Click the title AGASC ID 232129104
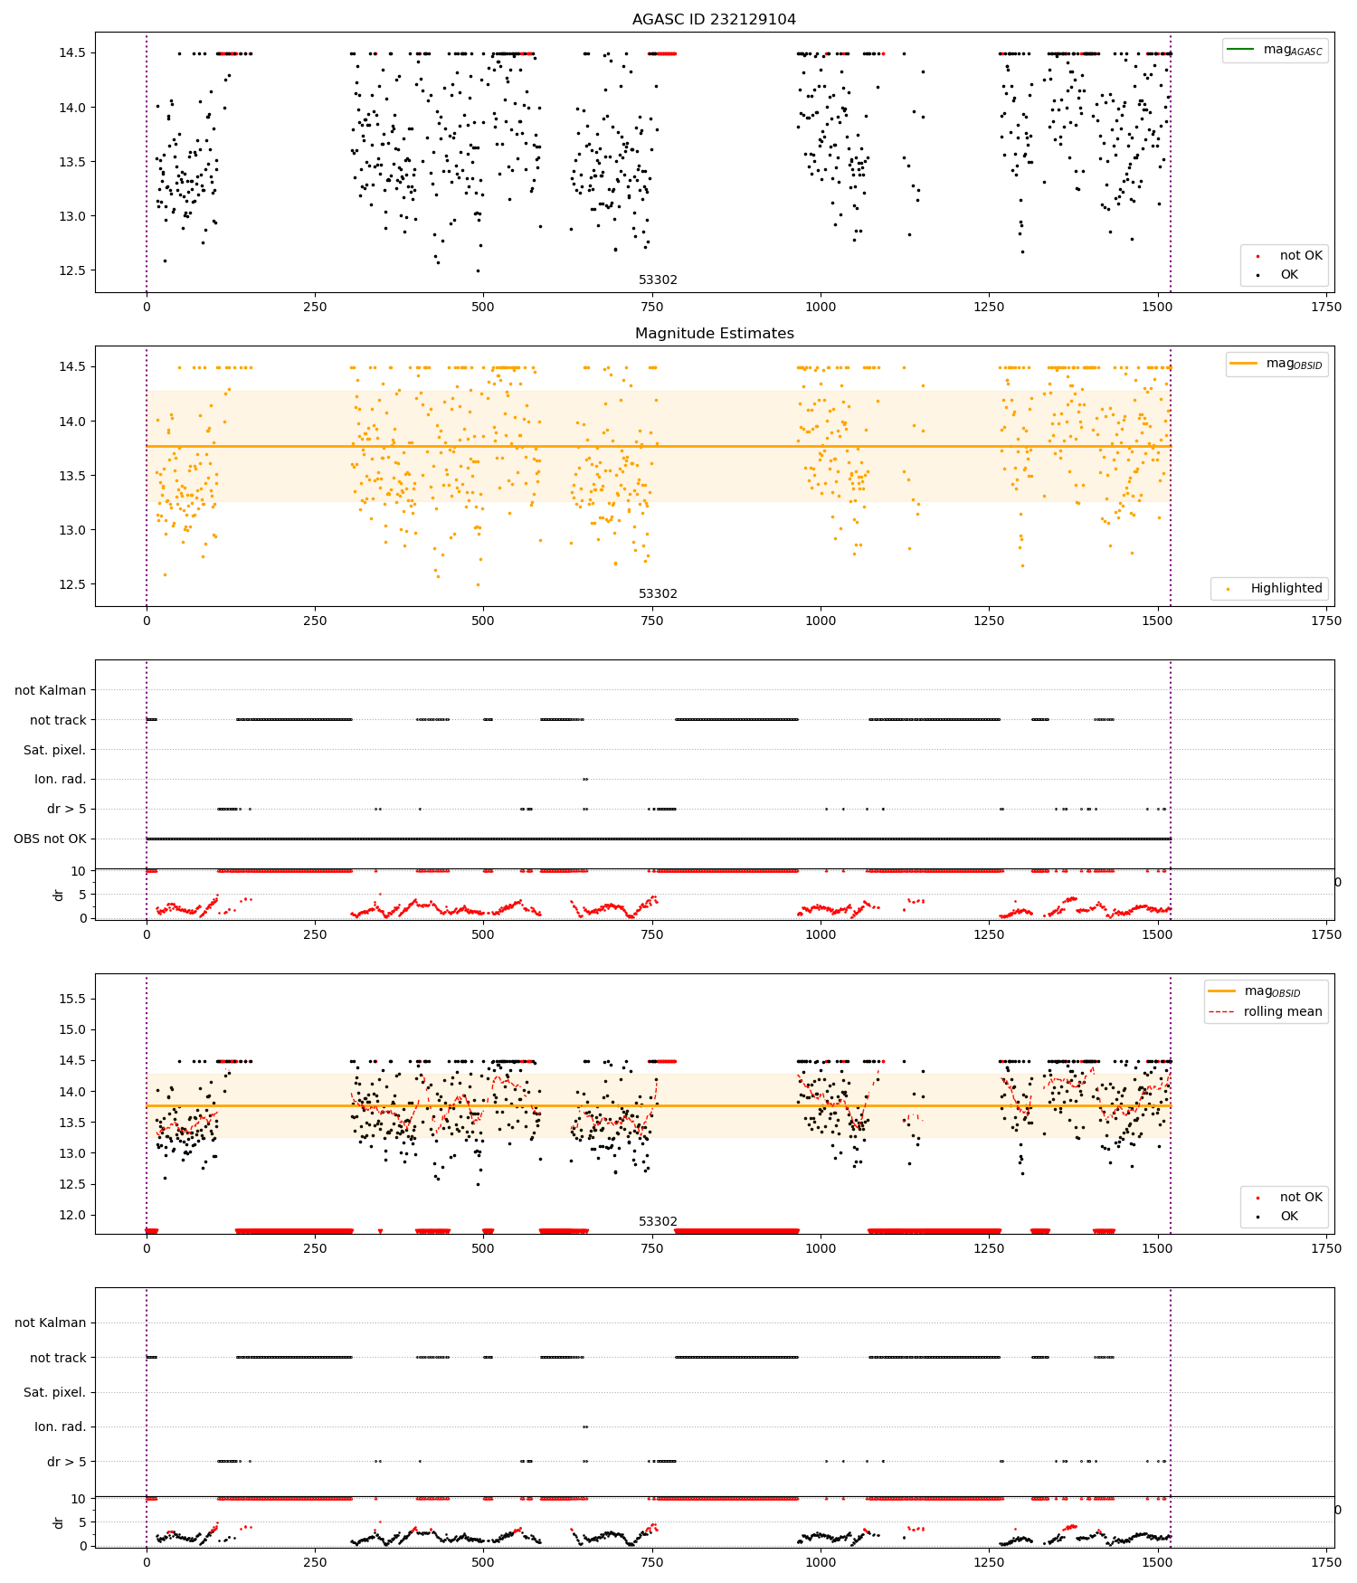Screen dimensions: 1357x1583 point(714,19)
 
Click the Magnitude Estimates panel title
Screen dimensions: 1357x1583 point(714,333)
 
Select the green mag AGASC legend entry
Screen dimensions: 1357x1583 point(1275,50)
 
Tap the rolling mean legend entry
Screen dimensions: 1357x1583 point(1266,1011)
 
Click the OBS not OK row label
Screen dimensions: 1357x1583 point(50,839)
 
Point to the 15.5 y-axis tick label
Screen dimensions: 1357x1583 point(71,999)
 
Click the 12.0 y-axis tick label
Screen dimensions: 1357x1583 point(71,1215)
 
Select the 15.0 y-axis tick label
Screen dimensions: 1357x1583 point(71,1029)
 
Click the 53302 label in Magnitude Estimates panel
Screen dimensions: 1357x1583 point(658,593)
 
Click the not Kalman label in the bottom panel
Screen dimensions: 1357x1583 point(51,1322)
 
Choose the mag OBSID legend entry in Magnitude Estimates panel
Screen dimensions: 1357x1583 point(1277,364)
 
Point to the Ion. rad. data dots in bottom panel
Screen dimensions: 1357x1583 point(585,1427)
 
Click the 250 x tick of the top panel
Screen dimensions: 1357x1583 point(315,307)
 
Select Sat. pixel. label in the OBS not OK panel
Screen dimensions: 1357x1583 point(54,750)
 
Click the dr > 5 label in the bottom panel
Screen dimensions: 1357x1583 point(67,1461)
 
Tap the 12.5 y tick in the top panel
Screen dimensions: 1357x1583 point(71,270)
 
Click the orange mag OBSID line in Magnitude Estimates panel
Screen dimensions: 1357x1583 point(659,446)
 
